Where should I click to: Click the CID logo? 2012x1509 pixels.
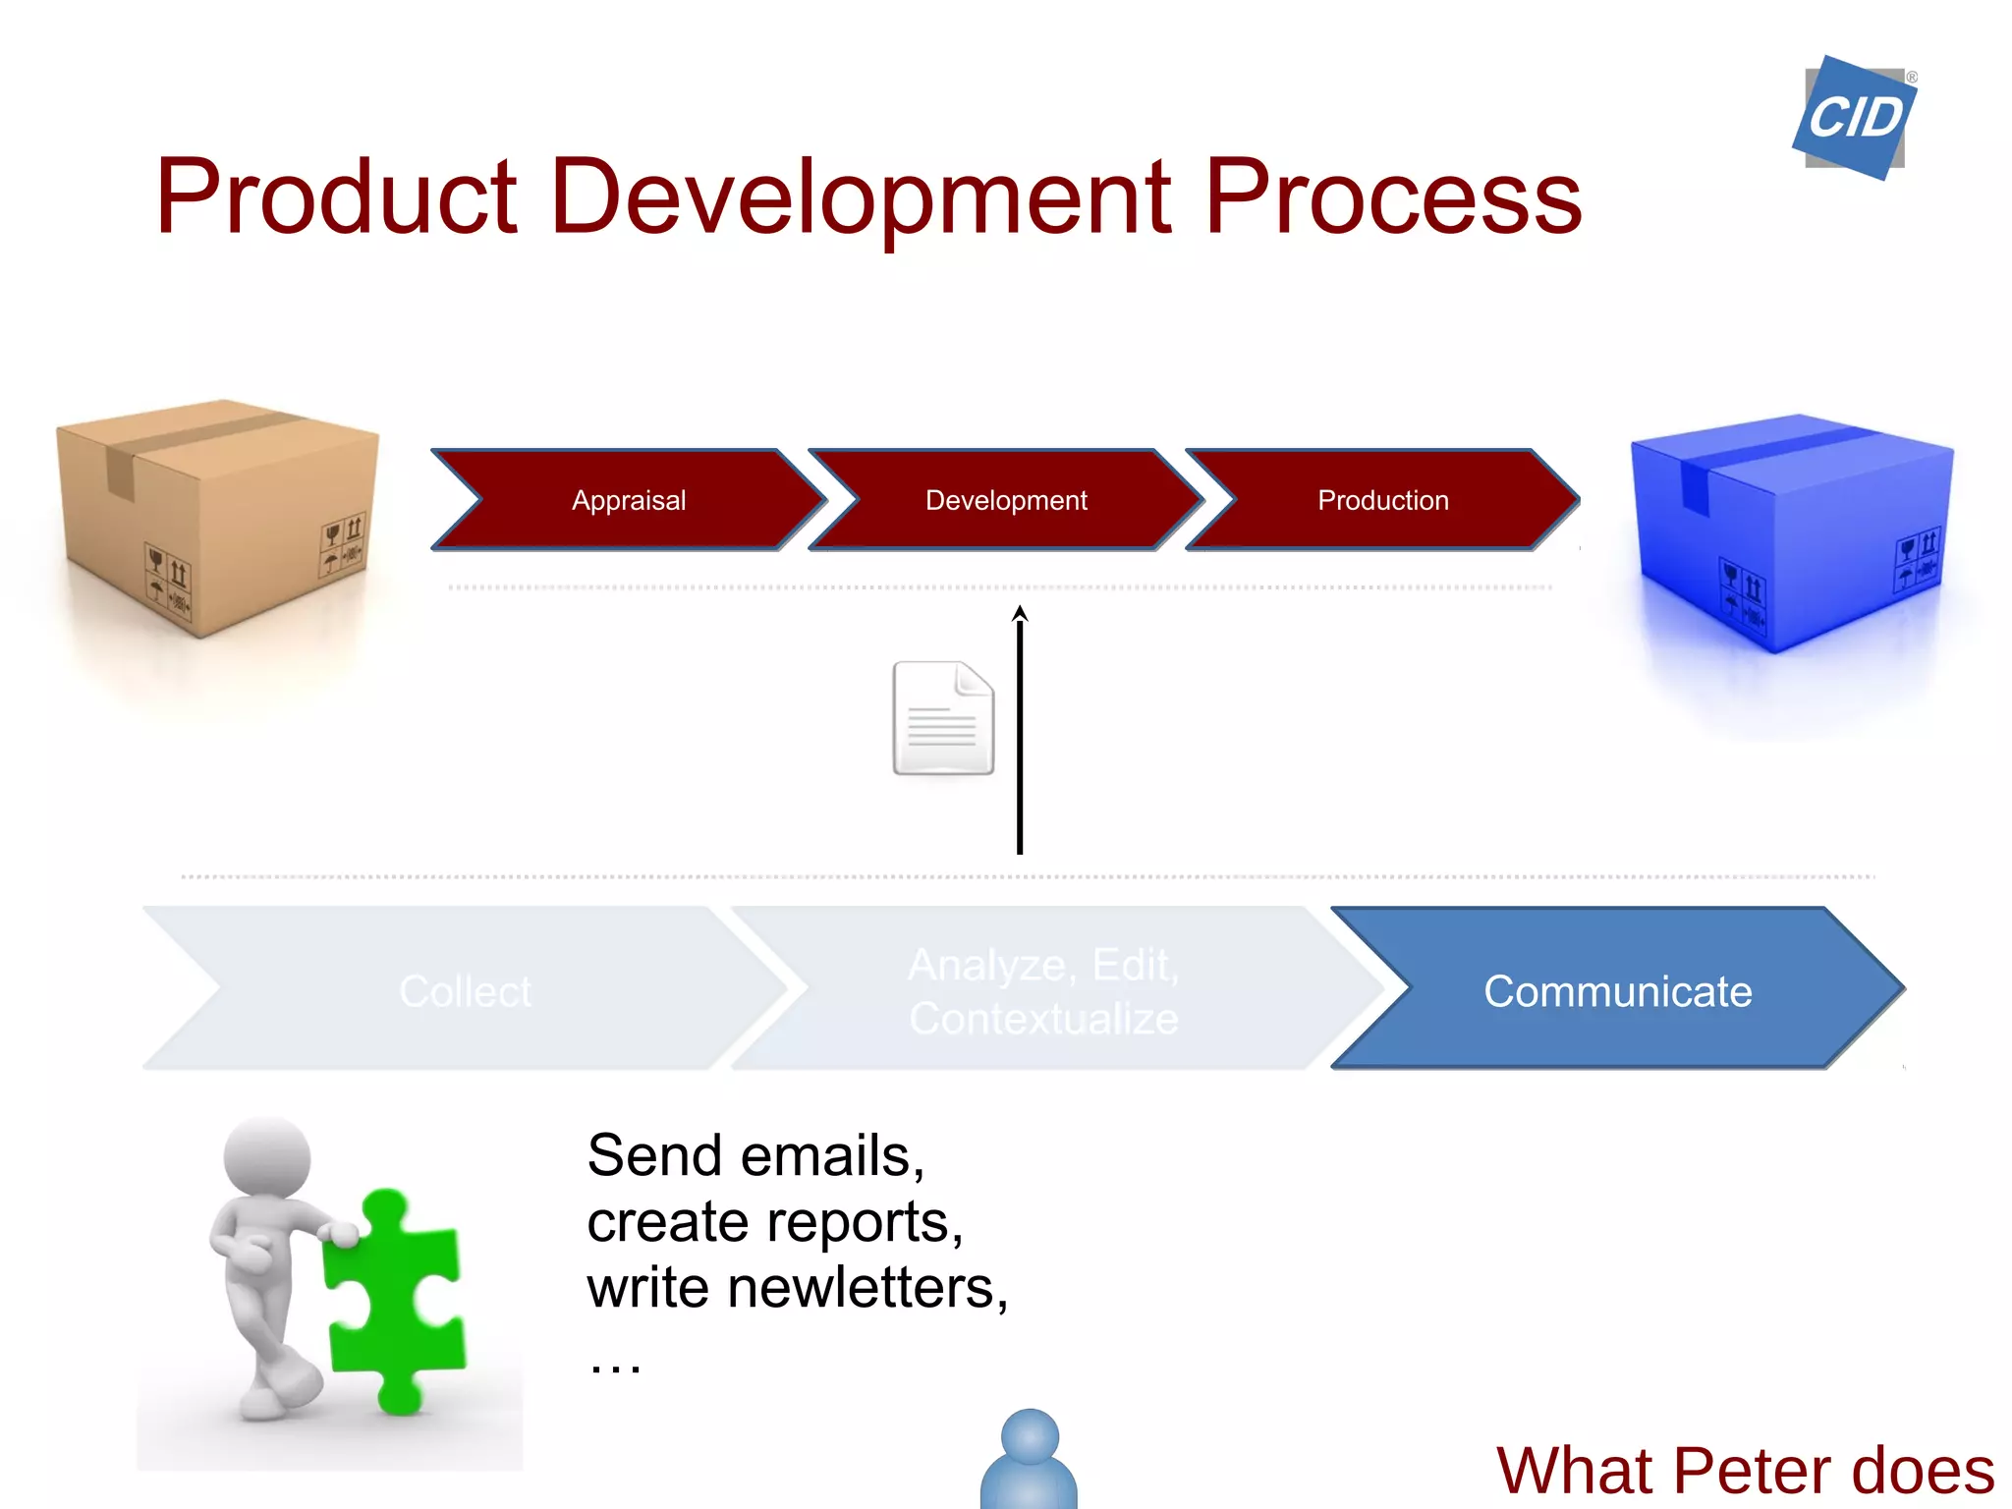click(1854, 118)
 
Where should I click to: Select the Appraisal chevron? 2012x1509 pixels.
click(629, 500)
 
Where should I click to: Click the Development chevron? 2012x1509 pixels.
click(1006, 500)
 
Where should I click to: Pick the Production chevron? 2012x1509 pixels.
click(1382, 500)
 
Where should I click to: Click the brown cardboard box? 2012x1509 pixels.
click(217, 516)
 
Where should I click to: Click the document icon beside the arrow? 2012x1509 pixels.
click(942, 718)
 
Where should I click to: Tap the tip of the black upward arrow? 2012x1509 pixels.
click(1020, 612)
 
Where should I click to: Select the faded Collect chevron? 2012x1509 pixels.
click(465, 990)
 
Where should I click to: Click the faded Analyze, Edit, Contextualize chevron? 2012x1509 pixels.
click(1042, 990)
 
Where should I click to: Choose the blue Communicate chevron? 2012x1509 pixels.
click(1616, 990)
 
